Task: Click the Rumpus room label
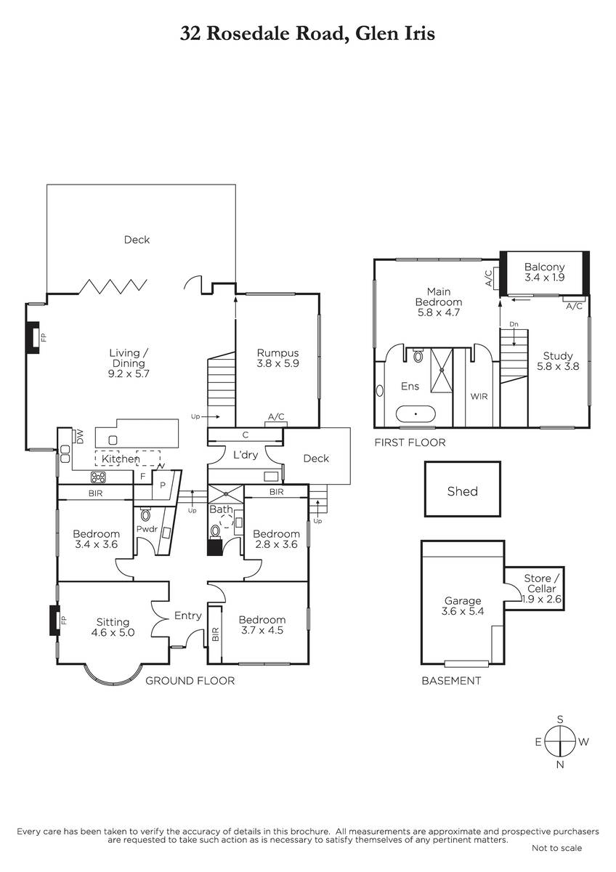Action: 277,353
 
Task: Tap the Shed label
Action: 462,491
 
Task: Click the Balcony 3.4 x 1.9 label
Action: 544,272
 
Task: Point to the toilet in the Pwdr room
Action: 145,515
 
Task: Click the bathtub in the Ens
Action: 416,413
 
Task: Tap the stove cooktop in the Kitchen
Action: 98,477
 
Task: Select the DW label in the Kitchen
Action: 80,437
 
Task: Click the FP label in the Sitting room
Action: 64,620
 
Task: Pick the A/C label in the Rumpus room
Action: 276,416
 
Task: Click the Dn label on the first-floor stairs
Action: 514,324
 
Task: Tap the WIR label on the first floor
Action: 479,397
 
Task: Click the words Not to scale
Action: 556,848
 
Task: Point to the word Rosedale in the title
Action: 248,33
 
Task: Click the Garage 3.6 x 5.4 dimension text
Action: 463,612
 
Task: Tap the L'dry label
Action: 245,455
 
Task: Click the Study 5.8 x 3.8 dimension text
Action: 558,366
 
